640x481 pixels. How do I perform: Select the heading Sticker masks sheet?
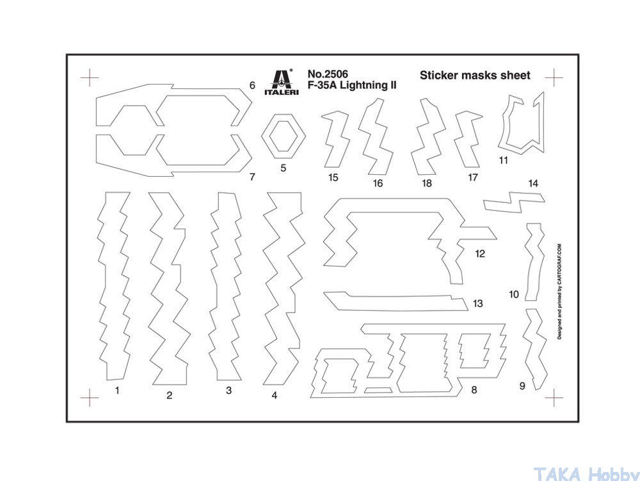point(475,75)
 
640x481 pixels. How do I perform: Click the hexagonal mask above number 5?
point(283,136)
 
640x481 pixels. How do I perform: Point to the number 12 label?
point(479,254)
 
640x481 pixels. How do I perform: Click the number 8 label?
point(474,389)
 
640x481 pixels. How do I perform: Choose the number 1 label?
point(117,389)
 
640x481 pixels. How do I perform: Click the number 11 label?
point(503,160)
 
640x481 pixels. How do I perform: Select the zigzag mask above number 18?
point(427,137)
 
